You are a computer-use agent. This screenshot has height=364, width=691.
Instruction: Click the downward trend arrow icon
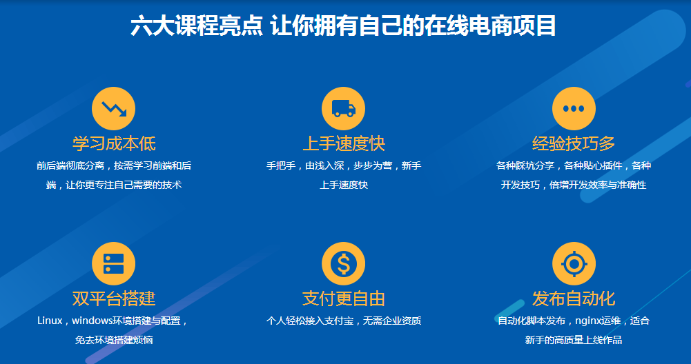[x=113, y=108]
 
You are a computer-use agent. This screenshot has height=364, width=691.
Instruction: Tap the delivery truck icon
[x=343, y=108]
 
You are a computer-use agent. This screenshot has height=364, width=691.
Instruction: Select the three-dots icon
[x=574, y=108]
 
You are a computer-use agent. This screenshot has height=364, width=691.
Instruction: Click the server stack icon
[x=113, y=263]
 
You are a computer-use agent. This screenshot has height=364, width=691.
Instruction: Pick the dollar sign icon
[x=343, y=263]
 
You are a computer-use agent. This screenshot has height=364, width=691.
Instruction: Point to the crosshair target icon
[x=574, y=263]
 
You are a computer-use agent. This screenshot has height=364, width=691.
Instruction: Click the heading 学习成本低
[x=114, y=143]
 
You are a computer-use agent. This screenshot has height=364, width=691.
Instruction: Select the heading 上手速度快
[x=344, y=143]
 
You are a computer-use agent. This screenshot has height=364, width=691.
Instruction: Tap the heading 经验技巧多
[x=574, y=143]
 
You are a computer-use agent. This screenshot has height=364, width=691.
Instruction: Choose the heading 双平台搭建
[x=114, y=299]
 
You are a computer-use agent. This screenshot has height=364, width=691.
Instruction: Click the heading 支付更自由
[x=344, y=299]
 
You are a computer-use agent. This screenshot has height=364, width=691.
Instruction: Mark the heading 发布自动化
[x=574, y=299]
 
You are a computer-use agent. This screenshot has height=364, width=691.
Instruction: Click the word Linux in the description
[x=50, y=321]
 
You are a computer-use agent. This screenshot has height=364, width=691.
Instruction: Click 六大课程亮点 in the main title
[x=197, y=26]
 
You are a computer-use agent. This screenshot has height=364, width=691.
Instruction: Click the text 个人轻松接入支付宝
[x=311, y=321]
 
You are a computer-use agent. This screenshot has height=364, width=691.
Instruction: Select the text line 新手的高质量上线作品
[x=574, y=340]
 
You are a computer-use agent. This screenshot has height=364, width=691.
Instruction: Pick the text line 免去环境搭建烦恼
[x=114, y=340]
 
